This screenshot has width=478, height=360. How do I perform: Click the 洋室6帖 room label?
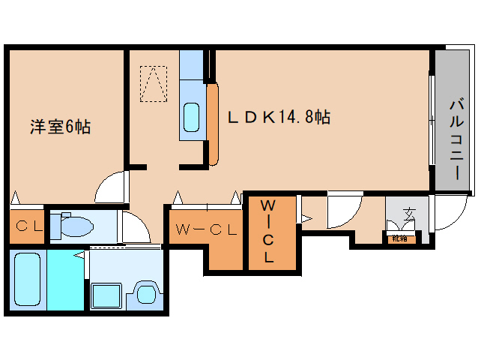point(60,127)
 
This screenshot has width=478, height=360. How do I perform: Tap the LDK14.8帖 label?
point(279,117)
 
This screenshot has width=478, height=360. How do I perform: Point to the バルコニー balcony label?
point(454,139)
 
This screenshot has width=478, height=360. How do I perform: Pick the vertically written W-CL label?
point(268,230)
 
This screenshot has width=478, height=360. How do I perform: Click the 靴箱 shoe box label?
point(399,238)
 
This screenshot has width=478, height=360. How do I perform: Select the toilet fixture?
point(75,225)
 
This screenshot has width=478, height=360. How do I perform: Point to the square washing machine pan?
point(106,294)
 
